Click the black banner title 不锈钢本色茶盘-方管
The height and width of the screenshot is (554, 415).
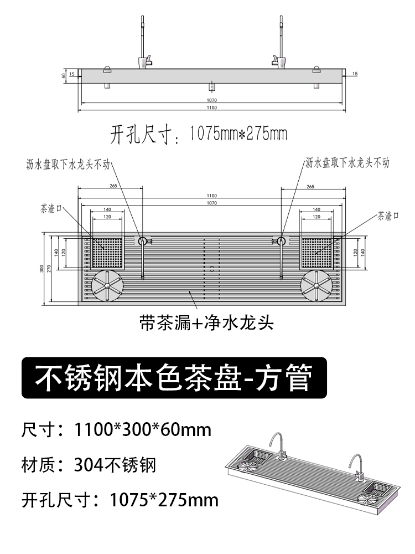pyautogui.click(x=174, y=378)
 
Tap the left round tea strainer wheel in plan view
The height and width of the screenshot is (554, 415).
pyautogui.click(x=108, y=286)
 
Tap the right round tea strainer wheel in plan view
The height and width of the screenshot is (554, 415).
pyautogui.click(x=316, y=286)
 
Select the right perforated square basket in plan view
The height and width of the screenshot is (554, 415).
pyautogui.click(x=317, y=253)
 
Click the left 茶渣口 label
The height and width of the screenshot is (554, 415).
pyautogui.click(x=51, y=209)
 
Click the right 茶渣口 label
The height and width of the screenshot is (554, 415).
pyautogui.click(x=388, y=216)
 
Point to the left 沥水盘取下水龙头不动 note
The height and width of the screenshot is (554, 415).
pyautogui.click(x=68, y=165)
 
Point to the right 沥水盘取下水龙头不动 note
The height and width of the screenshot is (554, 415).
pyautogui.click(x=347, y=163)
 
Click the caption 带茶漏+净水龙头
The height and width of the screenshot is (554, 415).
pyautogui.click(x=206, y=322)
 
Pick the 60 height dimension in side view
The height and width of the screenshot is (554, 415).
pyautogui.click(x=64, y=75)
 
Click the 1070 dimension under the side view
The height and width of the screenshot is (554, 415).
pyautogui.click(x=212, y=100)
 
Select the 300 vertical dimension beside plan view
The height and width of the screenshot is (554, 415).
pyautogui.click(x=41, y=269)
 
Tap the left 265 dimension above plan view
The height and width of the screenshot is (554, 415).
pyautogui.click(x=113, y=186)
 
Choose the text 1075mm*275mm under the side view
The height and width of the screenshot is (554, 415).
pyautogui.click(x=238, y=134)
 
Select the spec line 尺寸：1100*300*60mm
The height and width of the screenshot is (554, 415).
pyautogui.click(x=116, y=430)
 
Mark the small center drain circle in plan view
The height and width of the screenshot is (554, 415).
pyautogui.click(x=212, y=269)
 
